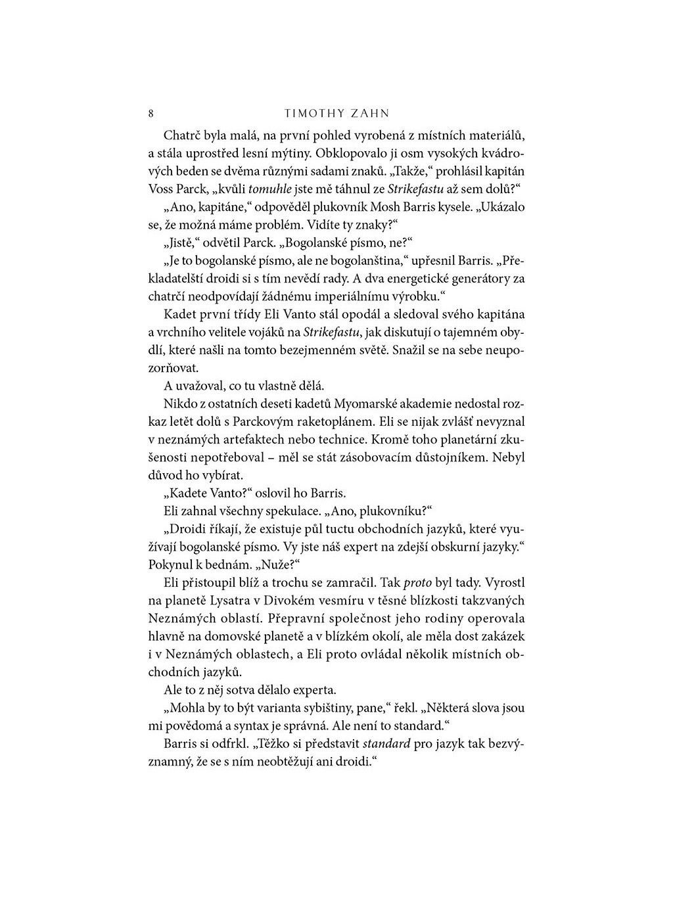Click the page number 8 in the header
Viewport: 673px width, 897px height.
point(151,114)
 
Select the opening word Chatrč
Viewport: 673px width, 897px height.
point(182,136)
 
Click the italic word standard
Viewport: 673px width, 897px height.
point(386,744)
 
